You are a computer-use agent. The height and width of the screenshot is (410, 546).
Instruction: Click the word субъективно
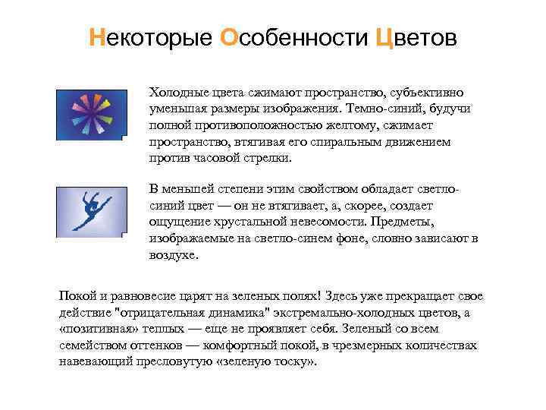(431, 92)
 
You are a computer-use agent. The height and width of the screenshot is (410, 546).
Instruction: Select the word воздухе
(173, 256)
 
